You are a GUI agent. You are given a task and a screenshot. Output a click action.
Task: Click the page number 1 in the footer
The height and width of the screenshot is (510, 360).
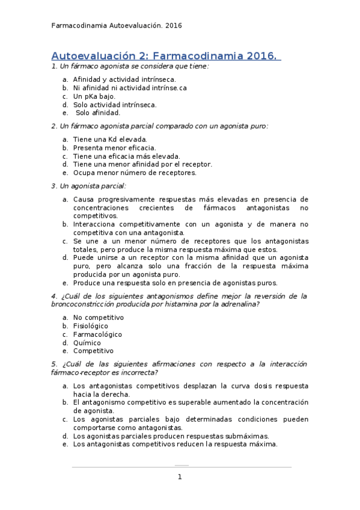pos(179,477)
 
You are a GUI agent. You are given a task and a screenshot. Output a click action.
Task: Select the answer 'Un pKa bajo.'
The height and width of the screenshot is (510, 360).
pos(94,96)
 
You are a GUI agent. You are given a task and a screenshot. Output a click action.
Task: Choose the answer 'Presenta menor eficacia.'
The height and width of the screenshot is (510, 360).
pos(114,147)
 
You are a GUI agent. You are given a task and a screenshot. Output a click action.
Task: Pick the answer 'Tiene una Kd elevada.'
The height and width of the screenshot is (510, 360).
pos(109,139)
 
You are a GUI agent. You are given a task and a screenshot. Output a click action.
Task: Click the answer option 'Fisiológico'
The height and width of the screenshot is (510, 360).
pos(91,325)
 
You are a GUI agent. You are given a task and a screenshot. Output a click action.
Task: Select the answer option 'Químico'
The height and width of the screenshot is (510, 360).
pos(87,342)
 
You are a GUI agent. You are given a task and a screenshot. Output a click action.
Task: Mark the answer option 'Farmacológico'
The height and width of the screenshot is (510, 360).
pos(97,334)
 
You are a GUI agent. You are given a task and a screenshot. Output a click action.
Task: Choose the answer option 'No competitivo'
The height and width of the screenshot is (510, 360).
pos(98,317)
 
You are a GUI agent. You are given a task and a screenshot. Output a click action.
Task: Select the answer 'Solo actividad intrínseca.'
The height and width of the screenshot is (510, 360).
pos(115,104)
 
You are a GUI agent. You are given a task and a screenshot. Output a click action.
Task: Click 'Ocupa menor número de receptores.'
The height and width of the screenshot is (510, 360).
pos(135,173)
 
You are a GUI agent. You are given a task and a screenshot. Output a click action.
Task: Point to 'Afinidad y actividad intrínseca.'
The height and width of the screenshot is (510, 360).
pos(124,79)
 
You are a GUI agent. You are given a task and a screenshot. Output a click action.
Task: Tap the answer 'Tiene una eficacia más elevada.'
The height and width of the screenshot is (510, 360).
pos(126,156)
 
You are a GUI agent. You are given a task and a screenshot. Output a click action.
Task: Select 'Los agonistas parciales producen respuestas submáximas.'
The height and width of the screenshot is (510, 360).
pos(171,436)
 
